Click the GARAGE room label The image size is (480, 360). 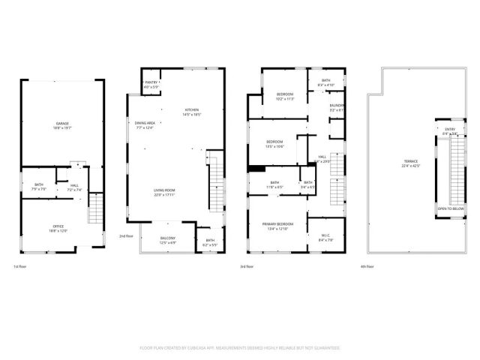[x=57, y=124]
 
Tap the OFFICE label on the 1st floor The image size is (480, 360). [x=58, y=226]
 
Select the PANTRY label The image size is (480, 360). [x=151, y=82]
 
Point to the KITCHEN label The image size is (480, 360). [x=193, y=110]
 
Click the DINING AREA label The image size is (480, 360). [x=145, y=123]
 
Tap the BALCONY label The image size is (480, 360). [x=168, y=238]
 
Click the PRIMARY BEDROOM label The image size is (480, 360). [x=277, y=224]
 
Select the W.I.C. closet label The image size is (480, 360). [x=325, y=236]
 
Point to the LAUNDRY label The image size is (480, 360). [x=337, y=106]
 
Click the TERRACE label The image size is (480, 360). [x=410, y=162]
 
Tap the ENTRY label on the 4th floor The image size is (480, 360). [x=450, y=130]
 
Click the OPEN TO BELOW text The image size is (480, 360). [x=449, y=208]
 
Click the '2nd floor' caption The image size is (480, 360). [x=125, y=236]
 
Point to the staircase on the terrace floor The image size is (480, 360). [x=450, y=170]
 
